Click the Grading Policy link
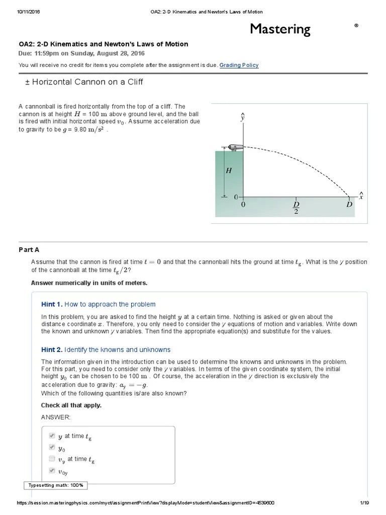click(x=239, y=65)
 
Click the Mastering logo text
click(x=280, y=29)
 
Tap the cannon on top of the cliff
click(x=235, y=147)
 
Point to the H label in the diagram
click(x=229, y=171)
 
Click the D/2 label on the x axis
click(x=296, y=208)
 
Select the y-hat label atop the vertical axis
click(x=243, y=117)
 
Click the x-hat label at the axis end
click(x=360, y=196)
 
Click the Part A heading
click(x=29, y=249)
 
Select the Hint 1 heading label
click(x=52, y=304)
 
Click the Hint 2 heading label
click(x=52, y=350)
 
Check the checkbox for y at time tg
click(x=52, y=436)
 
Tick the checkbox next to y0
click(x=52, y=447)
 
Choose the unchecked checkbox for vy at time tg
click(x=52, y=459)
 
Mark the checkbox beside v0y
click(x=52, y=470)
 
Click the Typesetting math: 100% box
click(x=56, y=485)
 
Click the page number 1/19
click(x=364, y=503)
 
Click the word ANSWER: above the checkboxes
click(x=56, y=417)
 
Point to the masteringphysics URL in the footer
click(x=145, y=503)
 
